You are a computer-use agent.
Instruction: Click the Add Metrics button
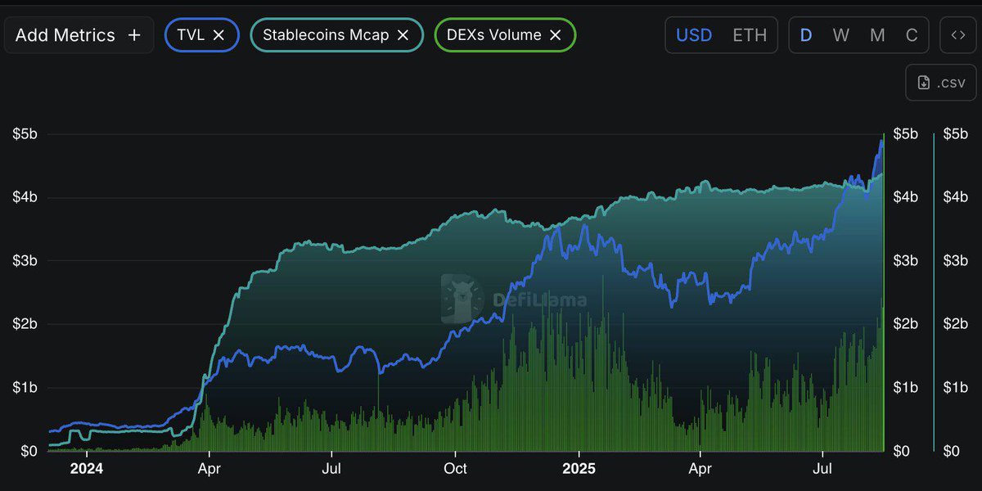[79, 35]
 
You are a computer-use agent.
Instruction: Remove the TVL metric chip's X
[218, 35]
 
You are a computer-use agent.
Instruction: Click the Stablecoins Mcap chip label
[326, 35]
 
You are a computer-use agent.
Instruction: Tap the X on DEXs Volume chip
[555, 35]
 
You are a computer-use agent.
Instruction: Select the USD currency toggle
[693, 35]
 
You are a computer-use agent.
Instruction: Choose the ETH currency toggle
[750, 35]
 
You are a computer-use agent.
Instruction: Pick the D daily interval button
[806, 35]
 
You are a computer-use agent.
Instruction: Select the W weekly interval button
[841, 35]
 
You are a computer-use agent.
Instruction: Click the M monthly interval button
[877, 35]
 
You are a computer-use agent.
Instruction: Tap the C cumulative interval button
[912, 35]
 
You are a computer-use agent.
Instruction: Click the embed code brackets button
[958, 35]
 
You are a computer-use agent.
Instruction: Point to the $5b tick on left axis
[25, 133]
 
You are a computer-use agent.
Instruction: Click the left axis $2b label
[25, 324]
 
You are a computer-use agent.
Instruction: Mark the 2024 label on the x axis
[86, 469]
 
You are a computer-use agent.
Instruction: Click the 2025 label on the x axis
[579, 469]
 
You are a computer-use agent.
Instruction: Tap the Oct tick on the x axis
[455, 469]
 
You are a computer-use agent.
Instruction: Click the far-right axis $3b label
[956, 261]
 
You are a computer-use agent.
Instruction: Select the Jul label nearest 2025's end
[822, 469]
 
